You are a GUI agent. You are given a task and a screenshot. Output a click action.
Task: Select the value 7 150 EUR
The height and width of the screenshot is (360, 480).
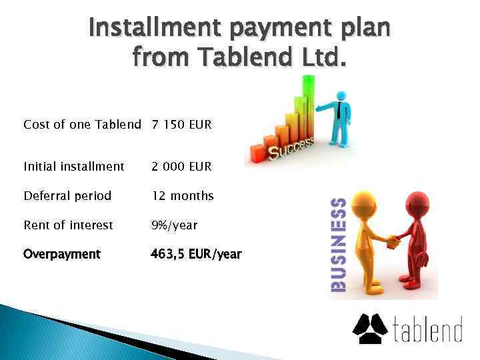point(181,124)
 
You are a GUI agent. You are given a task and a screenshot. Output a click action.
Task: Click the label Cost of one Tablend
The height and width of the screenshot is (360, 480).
point(82,124)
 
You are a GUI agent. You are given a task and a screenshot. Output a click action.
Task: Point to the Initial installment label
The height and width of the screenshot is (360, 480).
point(73,166)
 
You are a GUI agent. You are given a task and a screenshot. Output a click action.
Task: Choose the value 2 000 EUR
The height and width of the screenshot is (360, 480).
point(181,166)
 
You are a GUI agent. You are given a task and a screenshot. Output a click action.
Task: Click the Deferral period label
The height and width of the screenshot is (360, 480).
point(67,196)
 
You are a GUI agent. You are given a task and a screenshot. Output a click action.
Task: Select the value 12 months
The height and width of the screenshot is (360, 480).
point(183,196)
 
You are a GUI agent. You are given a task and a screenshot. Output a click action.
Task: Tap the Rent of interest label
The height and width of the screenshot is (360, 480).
point(68,225)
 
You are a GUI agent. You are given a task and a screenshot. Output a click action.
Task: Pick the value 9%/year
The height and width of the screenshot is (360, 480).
point(174,225)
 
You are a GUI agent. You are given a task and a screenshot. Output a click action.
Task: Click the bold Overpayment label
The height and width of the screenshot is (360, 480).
point(62,254)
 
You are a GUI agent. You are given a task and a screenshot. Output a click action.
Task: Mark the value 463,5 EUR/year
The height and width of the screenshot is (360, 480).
point(196,254)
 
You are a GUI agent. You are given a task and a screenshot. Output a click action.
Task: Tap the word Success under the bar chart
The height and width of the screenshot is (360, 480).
point(291,146)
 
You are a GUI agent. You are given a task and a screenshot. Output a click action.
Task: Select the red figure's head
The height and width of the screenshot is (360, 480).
point(418,203)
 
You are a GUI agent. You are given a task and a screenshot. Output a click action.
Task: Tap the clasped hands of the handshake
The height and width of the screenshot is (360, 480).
point(393,239)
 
